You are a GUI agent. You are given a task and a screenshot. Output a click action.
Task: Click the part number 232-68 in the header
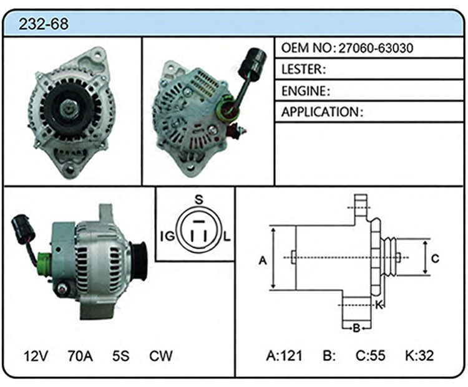pyautogui.click(x=44, y=24)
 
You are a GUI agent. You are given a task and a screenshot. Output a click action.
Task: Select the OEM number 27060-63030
pyautogui.click(x=376, y=48)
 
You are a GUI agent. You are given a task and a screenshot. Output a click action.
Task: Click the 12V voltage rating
pyautogui.click(x=36, y=356)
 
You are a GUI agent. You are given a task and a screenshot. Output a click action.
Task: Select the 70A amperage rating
pyautogui.click(x=80, y=356)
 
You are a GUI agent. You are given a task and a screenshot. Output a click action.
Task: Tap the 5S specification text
pyautogui.click(x=121, y=356)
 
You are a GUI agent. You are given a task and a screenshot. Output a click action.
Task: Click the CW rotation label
pyautogui.click(x=161, y=356)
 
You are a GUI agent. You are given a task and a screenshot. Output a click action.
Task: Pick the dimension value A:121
pyautogui.click(x=285, y=355)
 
